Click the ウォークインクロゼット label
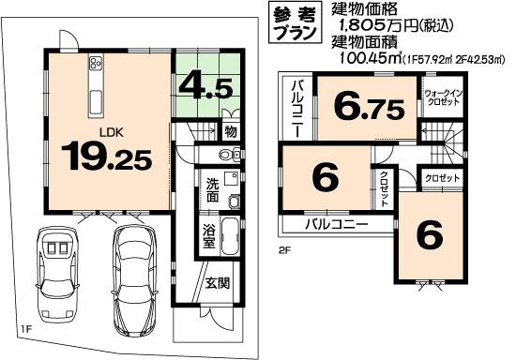440,99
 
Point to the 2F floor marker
284,250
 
